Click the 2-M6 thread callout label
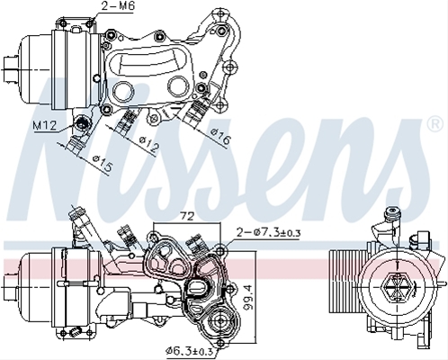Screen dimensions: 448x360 coord(117,6)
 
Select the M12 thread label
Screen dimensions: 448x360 coord(44,125)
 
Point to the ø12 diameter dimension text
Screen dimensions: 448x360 coord(148,146)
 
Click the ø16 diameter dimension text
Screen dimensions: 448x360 coord(221,137)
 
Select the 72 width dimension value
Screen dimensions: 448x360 coord(187,216)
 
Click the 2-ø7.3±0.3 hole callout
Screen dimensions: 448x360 coord(268,232)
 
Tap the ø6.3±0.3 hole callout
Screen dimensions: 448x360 coord(190,351)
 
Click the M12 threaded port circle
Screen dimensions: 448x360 coord(82,123)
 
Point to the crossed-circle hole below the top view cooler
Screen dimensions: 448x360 coord(153,118)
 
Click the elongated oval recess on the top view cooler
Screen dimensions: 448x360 coord(147,61)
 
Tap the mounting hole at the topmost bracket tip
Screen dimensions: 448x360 coord(220,13)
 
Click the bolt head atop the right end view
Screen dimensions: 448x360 coord(392,212)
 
